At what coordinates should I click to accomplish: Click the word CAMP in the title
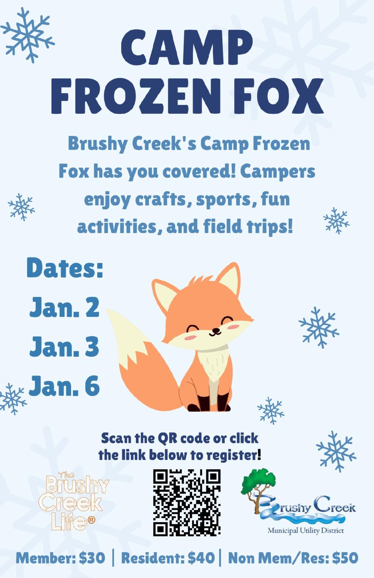(187, 48)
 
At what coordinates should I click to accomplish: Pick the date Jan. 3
(65, 346)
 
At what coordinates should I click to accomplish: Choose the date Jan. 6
(65, 385)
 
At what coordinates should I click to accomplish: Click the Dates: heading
(65, 268)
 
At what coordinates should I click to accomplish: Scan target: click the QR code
(187, 503)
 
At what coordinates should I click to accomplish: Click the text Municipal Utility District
(305, 530)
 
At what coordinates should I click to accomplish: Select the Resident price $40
(201, 558)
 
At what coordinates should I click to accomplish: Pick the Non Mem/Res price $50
(345, 558)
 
